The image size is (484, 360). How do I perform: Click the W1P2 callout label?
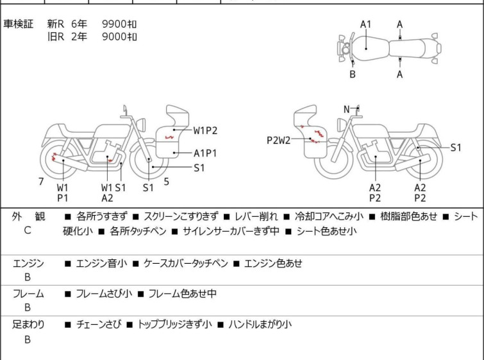(x=205, y=130)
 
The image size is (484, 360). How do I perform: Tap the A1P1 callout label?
(x=205, y=153)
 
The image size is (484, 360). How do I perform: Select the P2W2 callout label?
(x=278, y=141)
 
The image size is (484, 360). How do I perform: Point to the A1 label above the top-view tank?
(x=366, y=24)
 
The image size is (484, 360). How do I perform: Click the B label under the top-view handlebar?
(x=353, y=74)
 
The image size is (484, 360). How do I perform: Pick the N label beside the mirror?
(x=347, y=109)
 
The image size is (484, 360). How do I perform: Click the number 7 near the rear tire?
(x=41, y=182)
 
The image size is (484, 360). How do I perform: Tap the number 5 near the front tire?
(x=167, y=182)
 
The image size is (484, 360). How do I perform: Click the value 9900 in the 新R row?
(x=115, y=24)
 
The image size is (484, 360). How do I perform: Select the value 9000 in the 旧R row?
(x=115, y=37)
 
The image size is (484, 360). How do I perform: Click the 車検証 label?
(x=18, y=24)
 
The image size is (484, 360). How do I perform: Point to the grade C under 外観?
(x=28, y=230)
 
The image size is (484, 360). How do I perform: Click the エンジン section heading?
(x=28, y=264)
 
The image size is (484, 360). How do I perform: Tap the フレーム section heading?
(x=28, y=294)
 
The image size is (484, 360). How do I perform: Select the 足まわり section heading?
(x=28, y=325)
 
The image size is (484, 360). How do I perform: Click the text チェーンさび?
(x=99, y=325)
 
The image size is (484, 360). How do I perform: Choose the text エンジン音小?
(x=101, y=264)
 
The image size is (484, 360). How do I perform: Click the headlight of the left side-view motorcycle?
(x=141, y=125)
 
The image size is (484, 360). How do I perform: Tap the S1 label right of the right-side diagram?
(x=456, y=148)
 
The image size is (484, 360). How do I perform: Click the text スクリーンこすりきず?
(x=181, y=216)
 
